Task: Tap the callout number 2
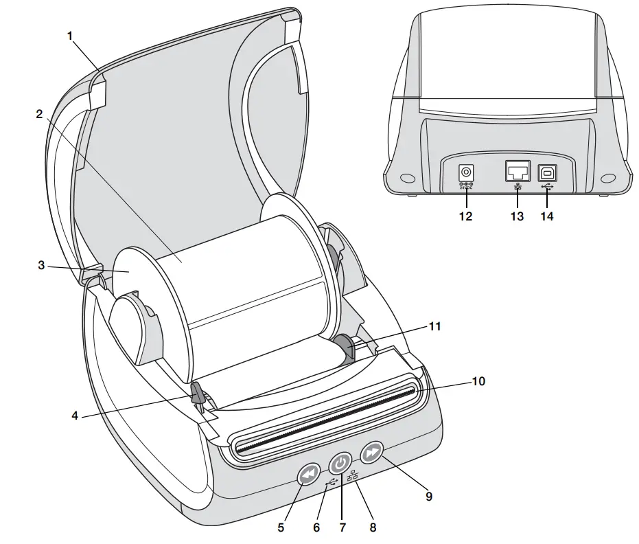[x=39, y=114]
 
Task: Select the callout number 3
[x=41, y=265]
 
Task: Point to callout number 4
[x=76, y=416]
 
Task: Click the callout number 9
[x=429, y=496]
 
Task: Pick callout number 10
[x=478, y=381]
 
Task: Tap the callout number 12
[x=466, y=216]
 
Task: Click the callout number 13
[x=517, y=216]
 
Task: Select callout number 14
[x=548, y=216]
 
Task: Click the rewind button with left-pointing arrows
[x=310, y=474]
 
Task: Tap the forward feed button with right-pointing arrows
[x=372, y=452]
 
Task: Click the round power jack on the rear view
[x=467, y=172]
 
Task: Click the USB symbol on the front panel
[x=332, y=481]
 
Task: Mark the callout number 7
[x=342, y=528]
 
